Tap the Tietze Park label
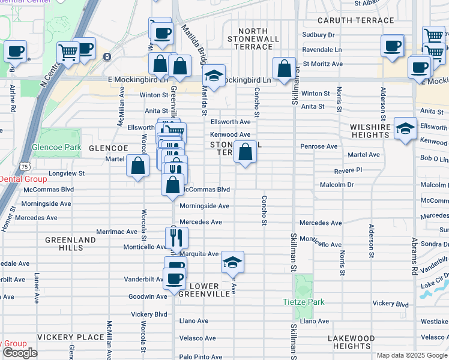300,301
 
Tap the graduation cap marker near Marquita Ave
232,262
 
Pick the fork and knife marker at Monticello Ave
176,238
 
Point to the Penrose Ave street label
319,146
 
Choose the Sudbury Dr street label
318,35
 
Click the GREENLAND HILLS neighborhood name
70,244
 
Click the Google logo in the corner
20,353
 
